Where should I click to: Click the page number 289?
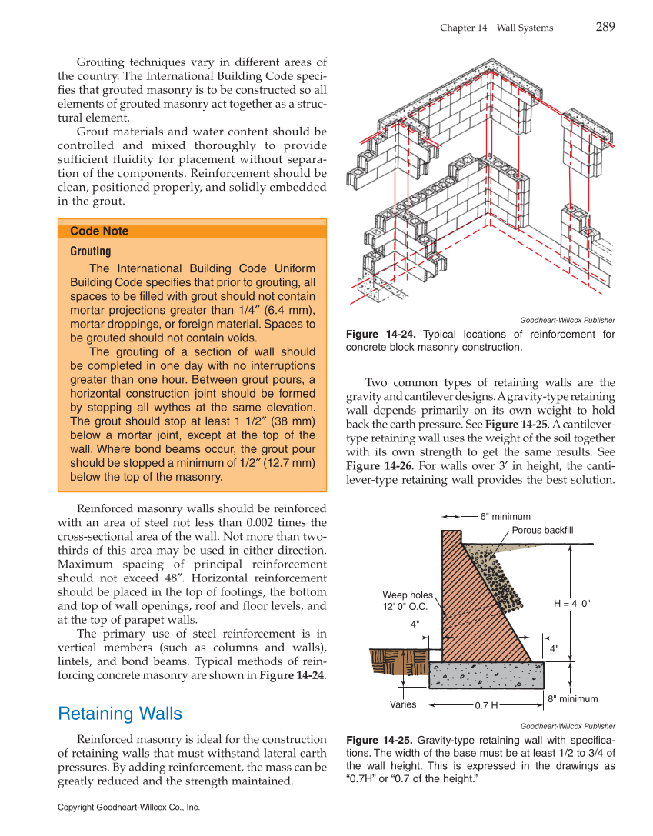coord(605,27)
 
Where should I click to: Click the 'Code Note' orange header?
coord(99,231)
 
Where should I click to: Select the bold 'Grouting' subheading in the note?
coord(90,251)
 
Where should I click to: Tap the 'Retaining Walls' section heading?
coord(120,714)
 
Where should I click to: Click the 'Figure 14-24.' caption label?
coord(381,335)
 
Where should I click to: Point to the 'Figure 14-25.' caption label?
coord(381,740)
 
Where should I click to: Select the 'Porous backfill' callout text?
coord(542,531)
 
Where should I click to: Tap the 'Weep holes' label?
coord(408,595)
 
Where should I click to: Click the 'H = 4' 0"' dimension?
coord(571,604)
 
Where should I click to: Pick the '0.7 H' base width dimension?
coord(486,704)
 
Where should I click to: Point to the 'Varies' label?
coord(403,704)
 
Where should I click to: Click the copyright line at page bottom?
coord(128,808)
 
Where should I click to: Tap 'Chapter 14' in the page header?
coord(463,28)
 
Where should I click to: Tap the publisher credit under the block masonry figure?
coord(567,320)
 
